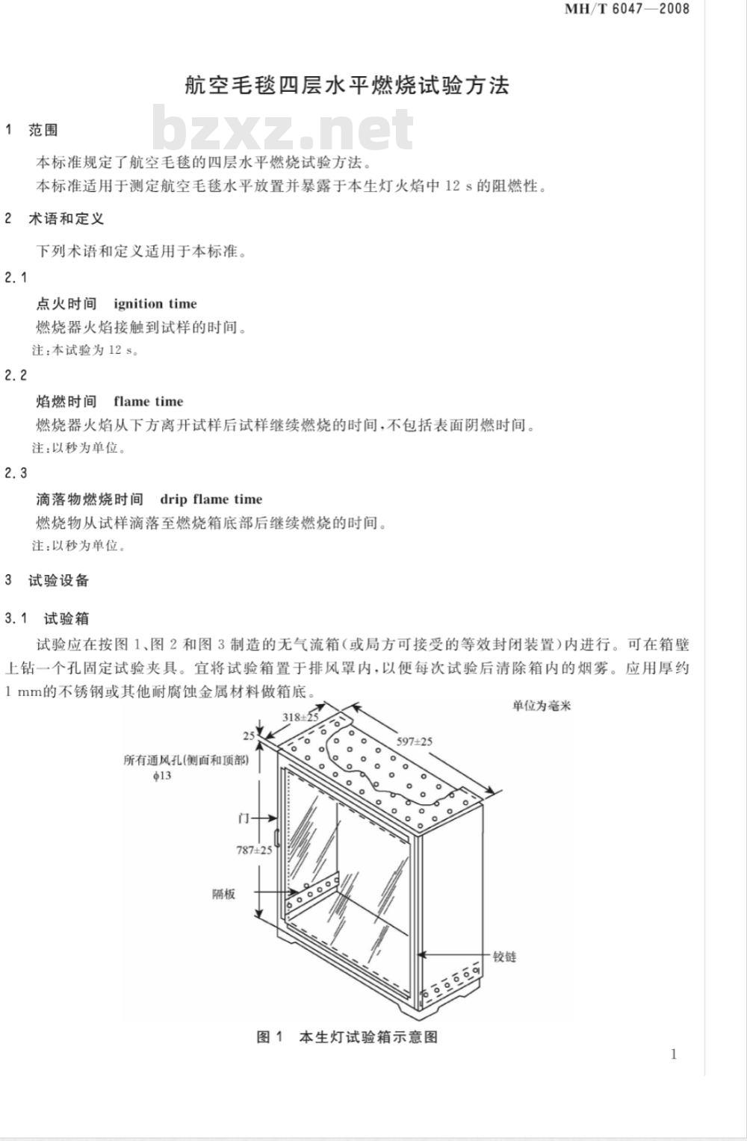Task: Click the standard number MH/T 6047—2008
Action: coord(627,9)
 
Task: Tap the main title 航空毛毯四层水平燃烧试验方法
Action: coord(347,85)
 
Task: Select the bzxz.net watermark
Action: coord(282,128)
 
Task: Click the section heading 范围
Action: coord(43,131)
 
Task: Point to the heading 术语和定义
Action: coord(66,219)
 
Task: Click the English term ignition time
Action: coord(155,304)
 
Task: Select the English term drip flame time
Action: coord(211,499)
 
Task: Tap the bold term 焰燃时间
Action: coord(66,402)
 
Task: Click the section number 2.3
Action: coord(16,473)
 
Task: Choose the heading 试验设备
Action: coord(58,580)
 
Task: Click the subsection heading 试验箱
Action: coord(66,619)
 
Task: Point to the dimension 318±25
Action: coord(300,717)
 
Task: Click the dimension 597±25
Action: coord(415,742)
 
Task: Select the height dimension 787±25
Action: coord(254,850)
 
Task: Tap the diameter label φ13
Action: coord(163,776)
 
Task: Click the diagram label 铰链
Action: coord(504,957)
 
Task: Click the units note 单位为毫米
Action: coord(542,706)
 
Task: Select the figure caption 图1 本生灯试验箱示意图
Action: coord(347,1036)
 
